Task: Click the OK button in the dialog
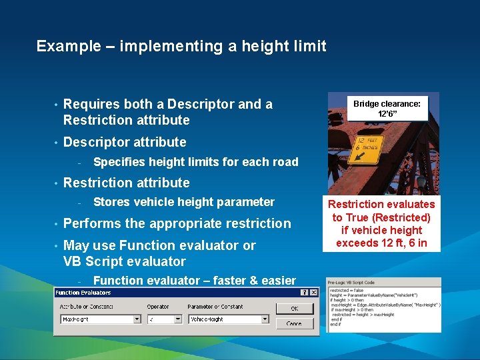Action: [x=294, y=308]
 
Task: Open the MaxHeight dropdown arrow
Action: [x=137, y=319]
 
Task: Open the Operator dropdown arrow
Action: [x=178, y=319]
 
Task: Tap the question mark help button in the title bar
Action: [x=304, y=293]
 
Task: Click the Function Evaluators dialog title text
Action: [x=83, y=293]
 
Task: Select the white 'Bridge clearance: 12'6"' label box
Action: [x=387, y=109]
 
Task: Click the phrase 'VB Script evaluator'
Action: [x=125, y=261]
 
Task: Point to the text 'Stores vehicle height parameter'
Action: [x=183, y=202]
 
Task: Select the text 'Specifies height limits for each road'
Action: [x=195, y=162]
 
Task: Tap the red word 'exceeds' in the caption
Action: [x=357, y=243]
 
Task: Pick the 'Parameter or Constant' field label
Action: [x=215, y=307]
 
